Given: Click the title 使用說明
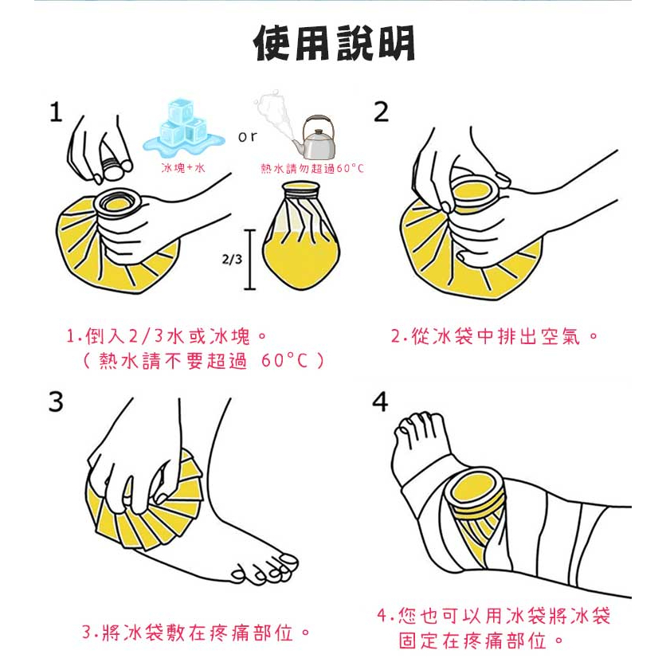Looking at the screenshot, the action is click(x=334, y=43).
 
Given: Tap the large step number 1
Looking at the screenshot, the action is click(x=56, y=112).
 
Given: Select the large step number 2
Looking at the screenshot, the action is click(x=381, y=112).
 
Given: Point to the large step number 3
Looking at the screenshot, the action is click(x=56, y=402).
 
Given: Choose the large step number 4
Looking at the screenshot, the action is click(x=380, y=402).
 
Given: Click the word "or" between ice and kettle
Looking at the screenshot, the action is click(x=248, y=136).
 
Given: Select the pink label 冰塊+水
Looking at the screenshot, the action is click(x=183, y=168).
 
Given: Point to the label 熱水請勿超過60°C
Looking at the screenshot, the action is click(x=312, y=169).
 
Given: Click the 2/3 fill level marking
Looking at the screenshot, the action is click(x=232, y=259).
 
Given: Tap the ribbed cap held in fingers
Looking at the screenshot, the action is click(x=112, y=166).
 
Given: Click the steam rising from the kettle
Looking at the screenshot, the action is click(x=273, y=115).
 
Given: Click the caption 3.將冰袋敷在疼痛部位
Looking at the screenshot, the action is click(x=196, y=633).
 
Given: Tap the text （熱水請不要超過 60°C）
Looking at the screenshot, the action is click(x=204, y=361).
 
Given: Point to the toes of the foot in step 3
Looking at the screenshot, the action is click(x=264, y=569).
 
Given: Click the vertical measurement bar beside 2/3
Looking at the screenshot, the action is click(x=250, y=260).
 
